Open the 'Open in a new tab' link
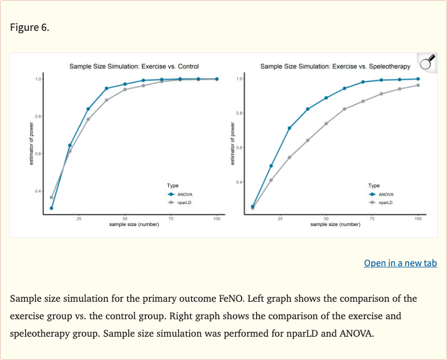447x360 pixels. (400, 263)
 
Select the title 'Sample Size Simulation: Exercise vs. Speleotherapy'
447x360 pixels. (335, 66)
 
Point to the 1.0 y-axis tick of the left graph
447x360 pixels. (38, 79)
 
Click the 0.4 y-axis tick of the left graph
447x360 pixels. (38, 191)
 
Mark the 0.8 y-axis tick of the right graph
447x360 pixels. (240, 112)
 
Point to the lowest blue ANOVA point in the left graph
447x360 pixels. (51, 208)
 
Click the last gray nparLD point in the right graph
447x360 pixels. (418, 86)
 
